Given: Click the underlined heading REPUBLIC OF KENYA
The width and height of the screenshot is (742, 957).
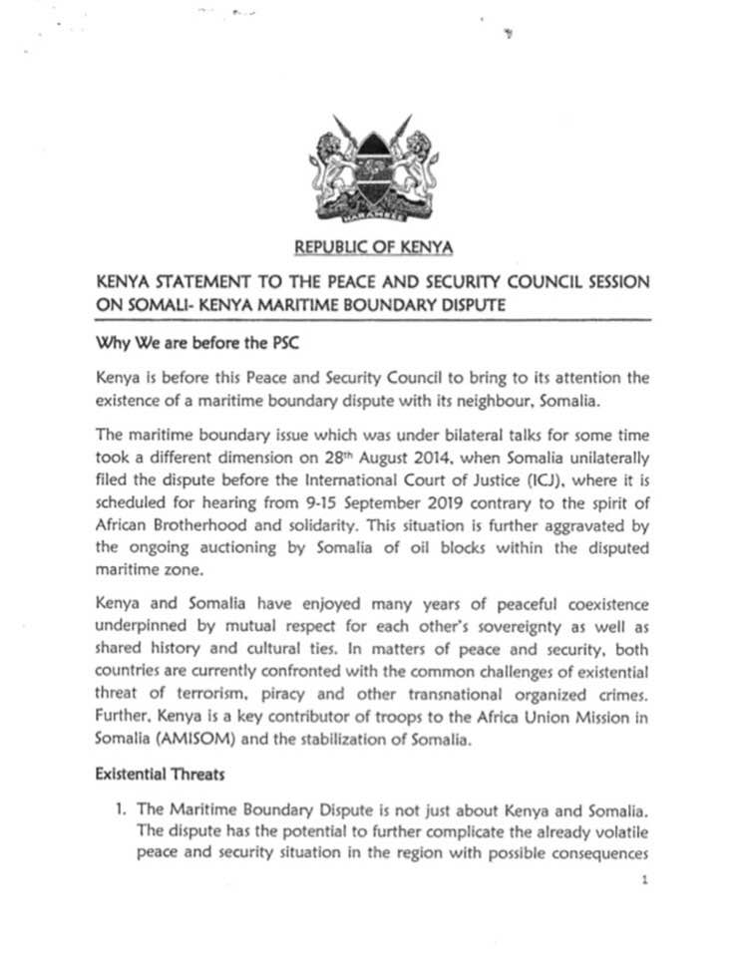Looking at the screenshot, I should [373, 245].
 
